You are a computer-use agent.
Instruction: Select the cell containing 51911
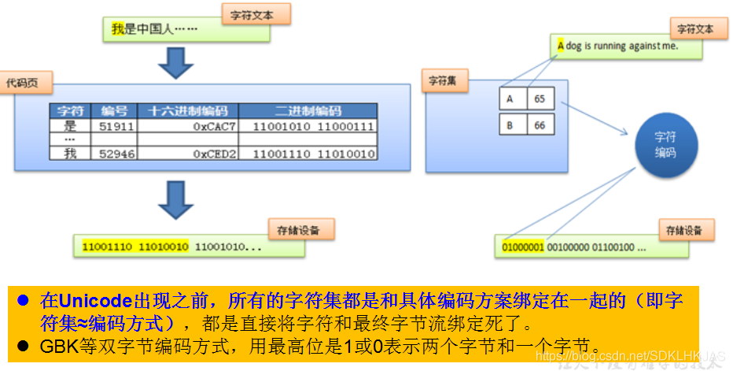coord(114,126)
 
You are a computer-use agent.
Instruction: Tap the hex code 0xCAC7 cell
coord(189,126)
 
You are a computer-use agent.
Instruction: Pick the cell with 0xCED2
coord(189,154)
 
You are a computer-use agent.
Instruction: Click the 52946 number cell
coord(114,154)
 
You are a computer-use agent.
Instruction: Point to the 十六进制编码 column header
coord(189,111)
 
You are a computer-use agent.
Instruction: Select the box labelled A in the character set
coord(510,99)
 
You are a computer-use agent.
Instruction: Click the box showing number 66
coord(540,125)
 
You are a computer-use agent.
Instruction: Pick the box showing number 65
coord(540,99)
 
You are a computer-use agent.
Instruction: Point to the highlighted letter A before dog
coord(560,46)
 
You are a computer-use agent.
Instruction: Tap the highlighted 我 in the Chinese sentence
coord(118,30)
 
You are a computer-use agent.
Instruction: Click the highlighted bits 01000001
coord(523,247)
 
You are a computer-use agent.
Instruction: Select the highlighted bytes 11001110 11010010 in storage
coord(135,247)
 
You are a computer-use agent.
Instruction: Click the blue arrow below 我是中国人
coord(175,63)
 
